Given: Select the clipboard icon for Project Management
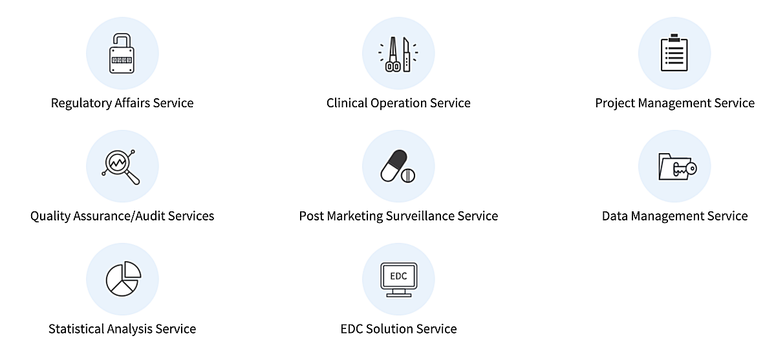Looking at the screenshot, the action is pyautogui.click(x=674, y=54).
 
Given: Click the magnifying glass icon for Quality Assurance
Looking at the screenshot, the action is pyautogui.click(x=120, y=166).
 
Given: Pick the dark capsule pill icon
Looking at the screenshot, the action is pyautogui.click(x=393, y=164).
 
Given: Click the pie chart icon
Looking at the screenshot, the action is pyautogui.click(x=122, y=279).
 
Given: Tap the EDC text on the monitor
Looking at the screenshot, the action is pyautogui.click(x=398, y=276).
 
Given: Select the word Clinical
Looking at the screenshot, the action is pyautogui.click(x=347, y=103).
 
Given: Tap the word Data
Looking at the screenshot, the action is pyautogui.click(x=615, y=216).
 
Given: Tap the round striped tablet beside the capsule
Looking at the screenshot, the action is pyautogui.click(x=408, y=175).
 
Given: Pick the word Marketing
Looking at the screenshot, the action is pyautogui.click(x=355, y=216).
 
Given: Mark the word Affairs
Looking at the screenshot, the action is pyautogui.click(x=131, y=103).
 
